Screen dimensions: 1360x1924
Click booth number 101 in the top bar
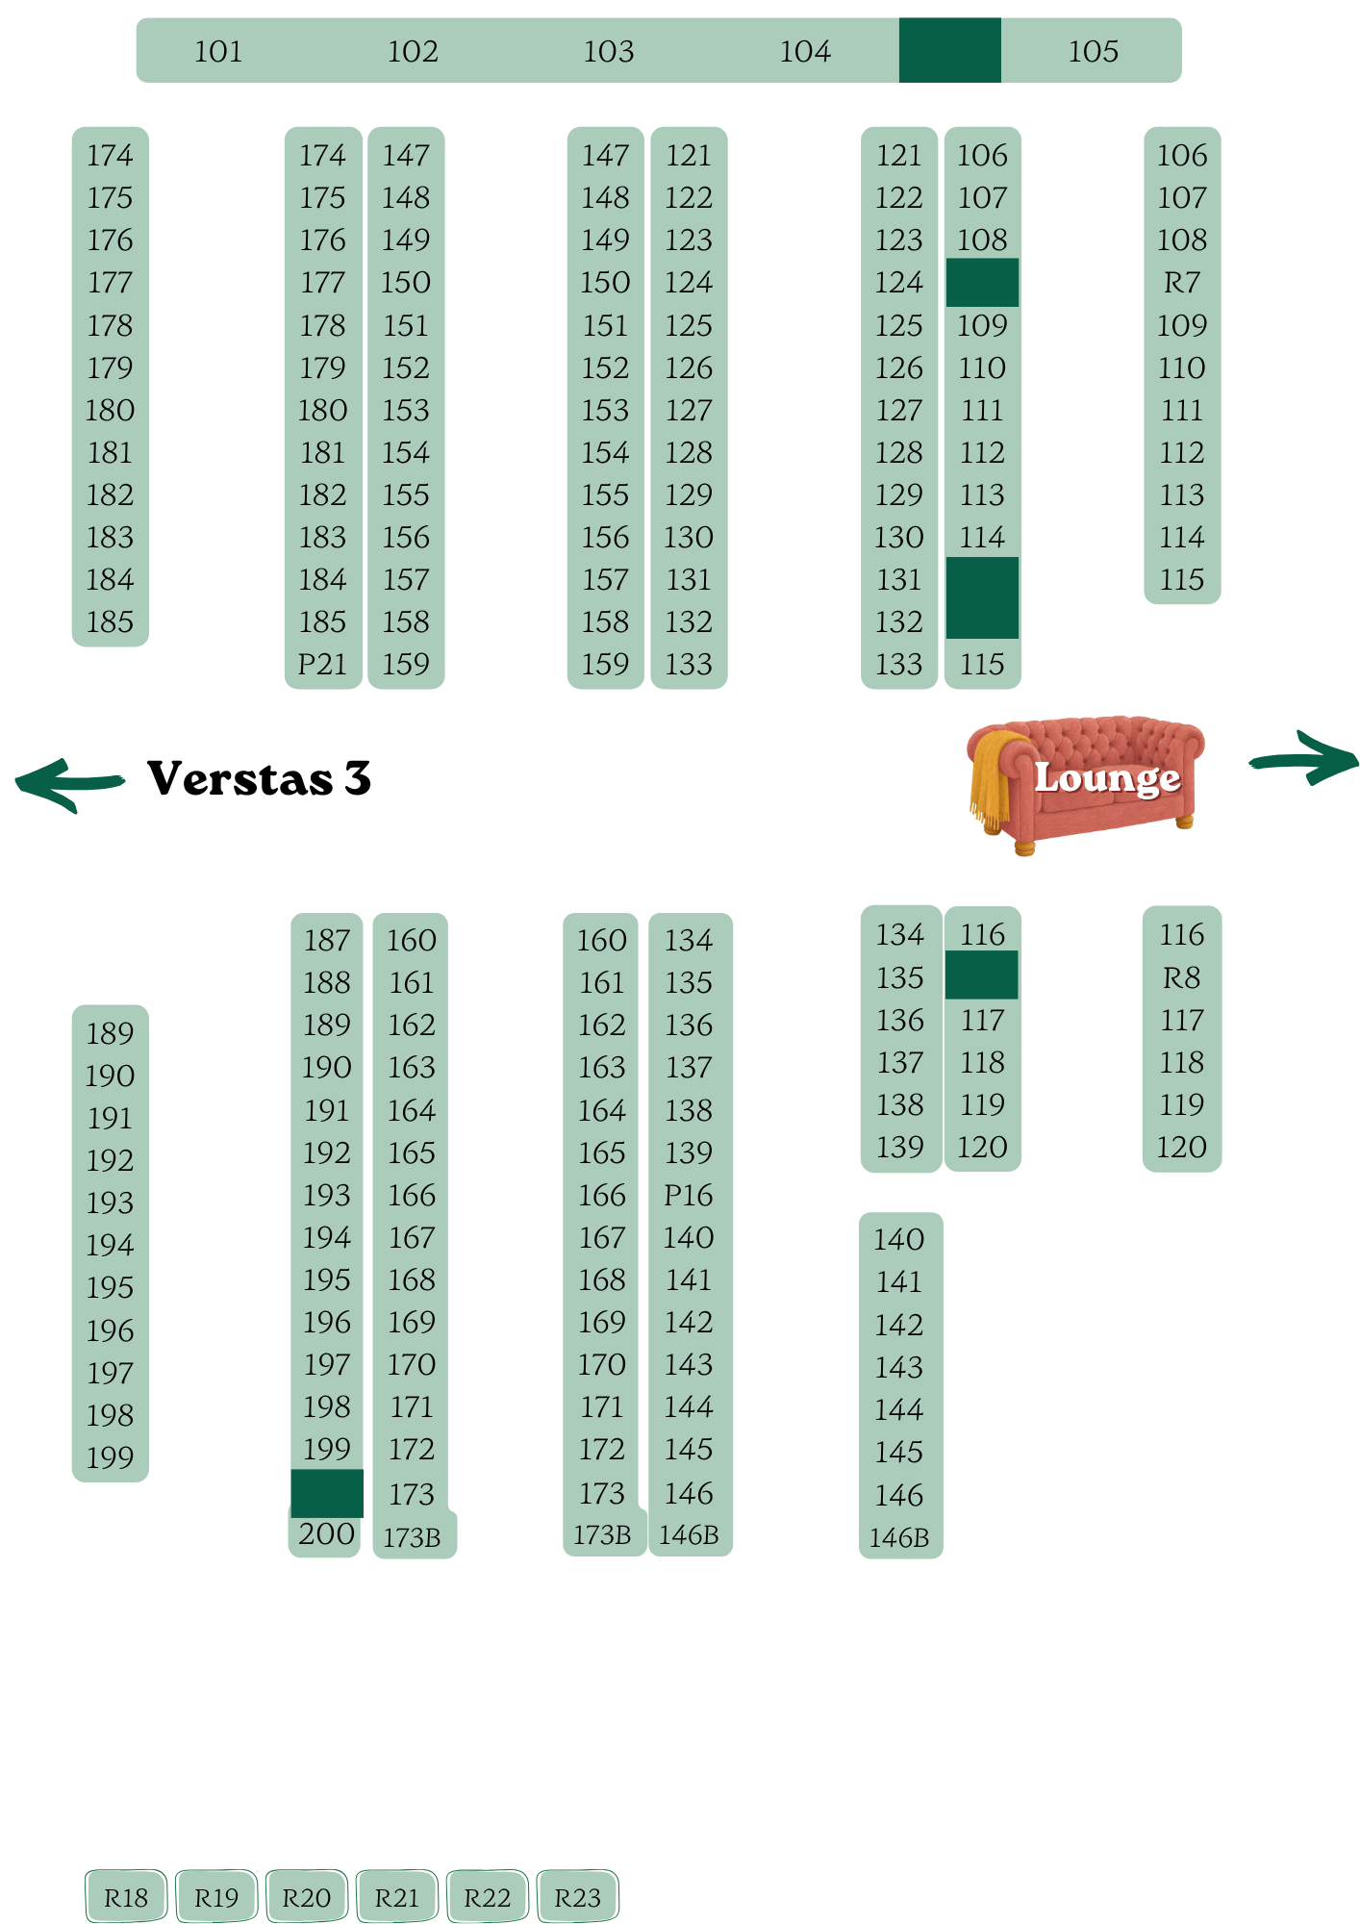[218, 51]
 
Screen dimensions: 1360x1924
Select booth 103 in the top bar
[609, 51]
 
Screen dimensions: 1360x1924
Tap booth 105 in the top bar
[1094, 51]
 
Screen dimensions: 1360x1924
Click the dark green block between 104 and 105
[950, 50]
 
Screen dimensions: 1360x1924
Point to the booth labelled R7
[1182, 283]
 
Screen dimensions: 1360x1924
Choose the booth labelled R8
[1182, 977]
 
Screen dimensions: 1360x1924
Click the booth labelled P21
[322, 664]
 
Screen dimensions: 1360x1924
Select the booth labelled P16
[689, 1195]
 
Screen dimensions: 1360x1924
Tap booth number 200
[327, 1533]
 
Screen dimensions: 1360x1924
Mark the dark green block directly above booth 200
[327, 1493]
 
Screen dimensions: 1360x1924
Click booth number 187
[327, 940]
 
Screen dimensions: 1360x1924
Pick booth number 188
[327, 982]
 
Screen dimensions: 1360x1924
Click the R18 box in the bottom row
[126, 1897]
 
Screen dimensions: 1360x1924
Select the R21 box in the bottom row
[397, 1897]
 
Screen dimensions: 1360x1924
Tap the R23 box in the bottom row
[578, 1897]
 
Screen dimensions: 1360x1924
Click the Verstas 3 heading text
[260, 778]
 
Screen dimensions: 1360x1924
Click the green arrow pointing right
[1304, 758]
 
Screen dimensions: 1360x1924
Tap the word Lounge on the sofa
[1107, 778]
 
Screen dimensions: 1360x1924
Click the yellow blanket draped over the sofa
[993, 774]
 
